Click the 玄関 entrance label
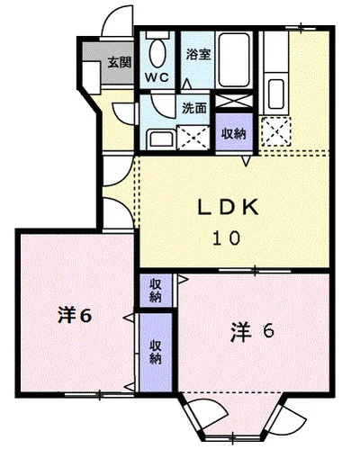pos(120,62)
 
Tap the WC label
pos(157,77)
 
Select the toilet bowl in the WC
pos(157,53)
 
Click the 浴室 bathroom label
pos(198,54)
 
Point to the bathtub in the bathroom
pos(234,60)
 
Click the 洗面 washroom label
pos(194,108)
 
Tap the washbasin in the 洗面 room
pos(161,139)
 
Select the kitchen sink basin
pos(276,94)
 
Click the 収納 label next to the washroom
pos(234,133)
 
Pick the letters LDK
pos(228,207)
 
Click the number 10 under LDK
pos(227,238)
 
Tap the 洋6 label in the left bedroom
pos(75,315)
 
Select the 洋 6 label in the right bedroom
pos(252,331)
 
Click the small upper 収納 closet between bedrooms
pos(156,291)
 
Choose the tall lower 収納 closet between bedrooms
pos(156,352)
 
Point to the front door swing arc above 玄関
pos(111,16)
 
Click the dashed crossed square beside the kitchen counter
pos(276,131)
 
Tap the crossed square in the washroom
pos(193,138)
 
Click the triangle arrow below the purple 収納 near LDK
pos(247,161)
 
